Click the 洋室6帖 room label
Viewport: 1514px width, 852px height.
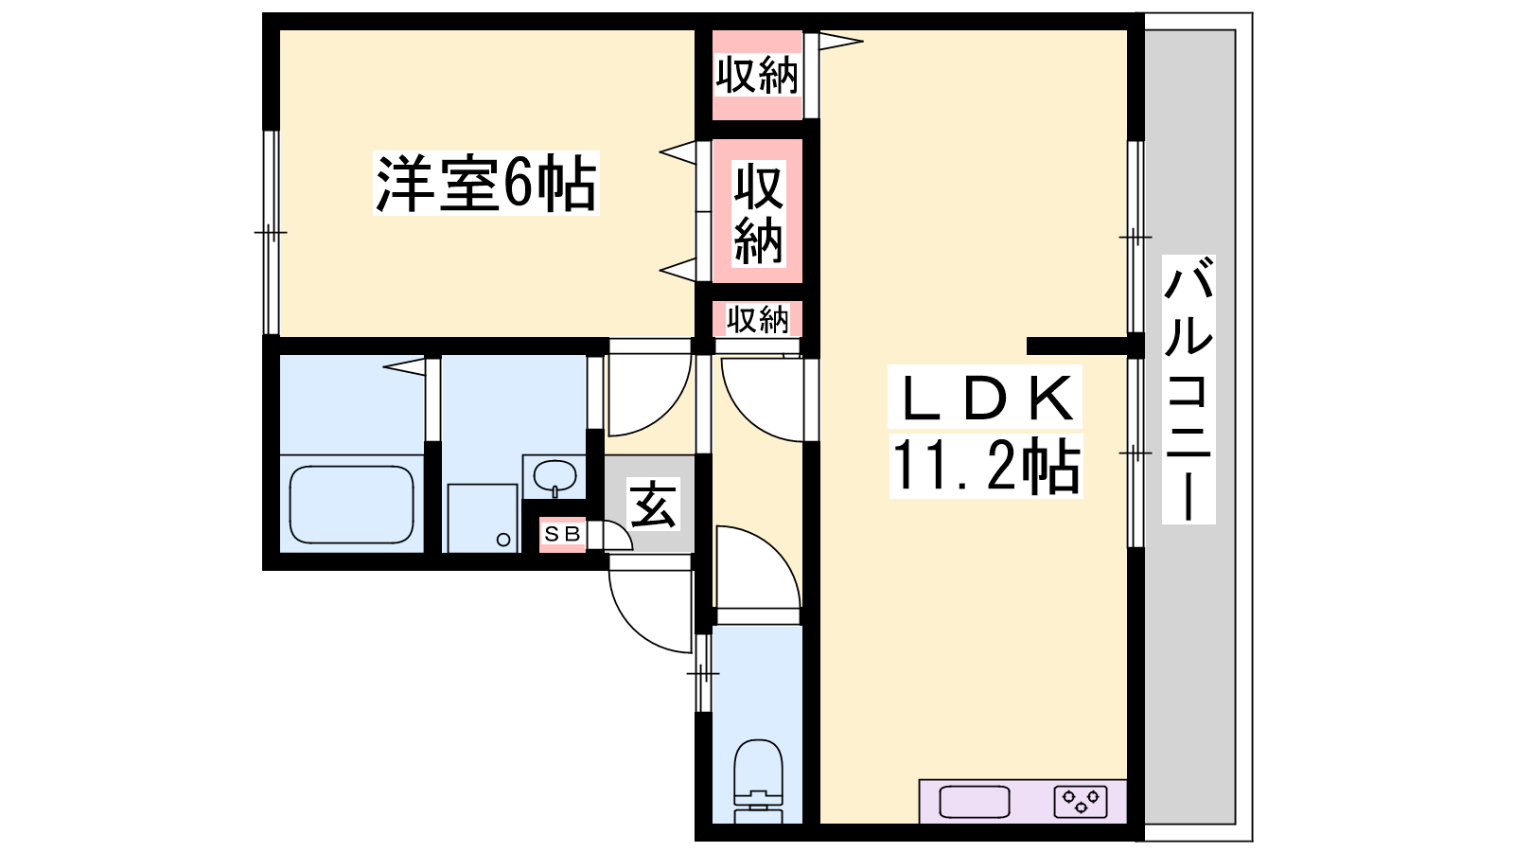tap(486, 184)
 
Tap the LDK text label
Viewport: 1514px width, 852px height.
tap(985, 398)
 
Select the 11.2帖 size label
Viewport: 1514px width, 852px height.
tap(985, 466)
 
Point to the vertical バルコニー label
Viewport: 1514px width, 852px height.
tap(1188, 389)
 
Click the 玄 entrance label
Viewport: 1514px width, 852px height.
tap(652, 505)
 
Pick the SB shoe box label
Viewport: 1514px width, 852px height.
tap(562, 534)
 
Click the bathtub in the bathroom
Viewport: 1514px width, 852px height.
tap(351, 506)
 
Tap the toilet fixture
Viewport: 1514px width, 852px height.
tap(758, 781)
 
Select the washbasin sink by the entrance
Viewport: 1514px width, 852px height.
tap(555, 476)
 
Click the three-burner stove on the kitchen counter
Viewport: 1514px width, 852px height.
tap(1080, 802)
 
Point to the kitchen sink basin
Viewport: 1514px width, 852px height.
tap(974, 802)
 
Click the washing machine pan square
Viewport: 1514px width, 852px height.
tap(483, 518)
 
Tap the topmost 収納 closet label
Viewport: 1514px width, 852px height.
tap(757, 75)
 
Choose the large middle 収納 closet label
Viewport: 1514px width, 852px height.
tap(758, 213)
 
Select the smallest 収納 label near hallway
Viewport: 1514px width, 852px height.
tap(758, 319)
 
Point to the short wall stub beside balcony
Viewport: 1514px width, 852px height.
tap(1078, 346)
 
